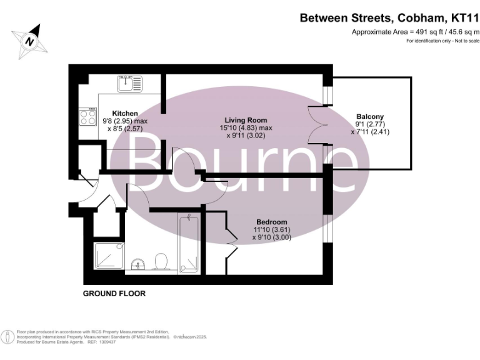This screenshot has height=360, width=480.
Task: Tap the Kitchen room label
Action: tap(125, 113)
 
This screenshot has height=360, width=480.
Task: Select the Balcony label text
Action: tap(370, 116)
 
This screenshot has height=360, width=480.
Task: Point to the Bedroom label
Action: tap(272, 222)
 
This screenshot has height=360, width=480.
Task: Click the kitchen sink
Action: tap(130, 82)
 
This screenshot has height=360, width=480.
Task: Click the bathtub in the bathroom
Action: tap(188, 244)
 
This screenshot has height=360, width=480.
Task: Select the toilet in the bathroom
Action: tap(161, 261)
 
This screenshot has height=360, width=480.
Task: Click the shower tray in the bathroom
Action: tap(109, 258)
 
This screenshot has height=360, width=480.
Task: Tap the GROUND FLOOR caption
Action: tap(114, 293)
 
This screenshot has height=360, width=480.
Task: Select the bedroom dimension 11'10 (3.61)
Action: tap(271, 229)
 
